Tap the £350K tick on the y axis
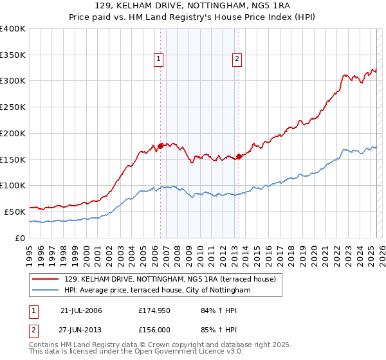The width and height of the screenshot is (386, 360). coord(13,55)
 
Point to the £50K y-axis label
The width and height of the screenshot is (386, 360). coord(14,212)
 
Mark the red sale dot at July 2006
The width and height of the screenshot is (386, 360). coord(160,146)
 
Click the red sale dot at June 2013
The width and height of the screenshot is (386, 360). coord(239,156)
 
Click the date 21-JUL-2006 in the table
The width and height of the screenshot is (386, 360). coord(81,310)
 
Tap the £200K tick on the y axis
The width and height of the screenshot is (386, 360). coord(13,133)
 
